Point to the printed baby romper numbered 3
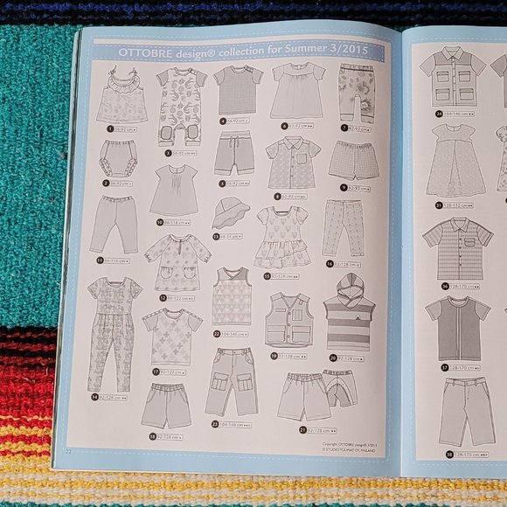180,104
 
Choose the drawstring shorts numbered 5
233,155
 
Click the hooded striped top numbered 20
348,316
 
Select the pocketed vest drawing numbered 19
288,320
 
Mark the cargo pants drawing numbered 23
231,382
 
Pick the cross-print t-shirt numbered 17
172,337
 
